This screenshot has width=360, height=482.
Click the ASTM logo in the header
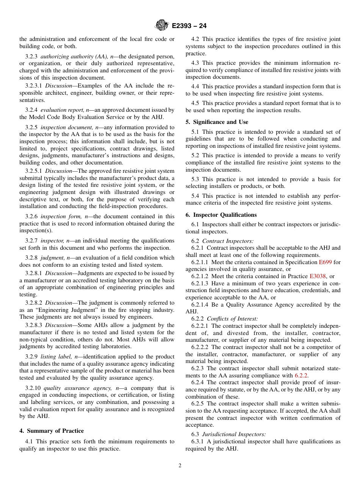click(x=162, y=26)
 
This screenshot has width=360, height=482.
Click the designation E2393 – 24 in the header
click(x=189, y=26)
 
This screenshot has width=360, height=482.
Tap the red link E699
click(x=324, y=262)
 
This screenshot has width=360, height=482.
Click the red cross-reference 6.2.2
click(x=301, y=376)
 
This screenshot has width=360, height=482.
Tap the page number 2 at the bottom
click(x=180, y=466)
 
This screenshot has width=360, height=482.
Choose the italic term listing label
click(x=58, y=357)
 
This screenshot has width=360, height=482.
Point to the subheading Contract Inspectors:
click(x=228, y=241)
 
